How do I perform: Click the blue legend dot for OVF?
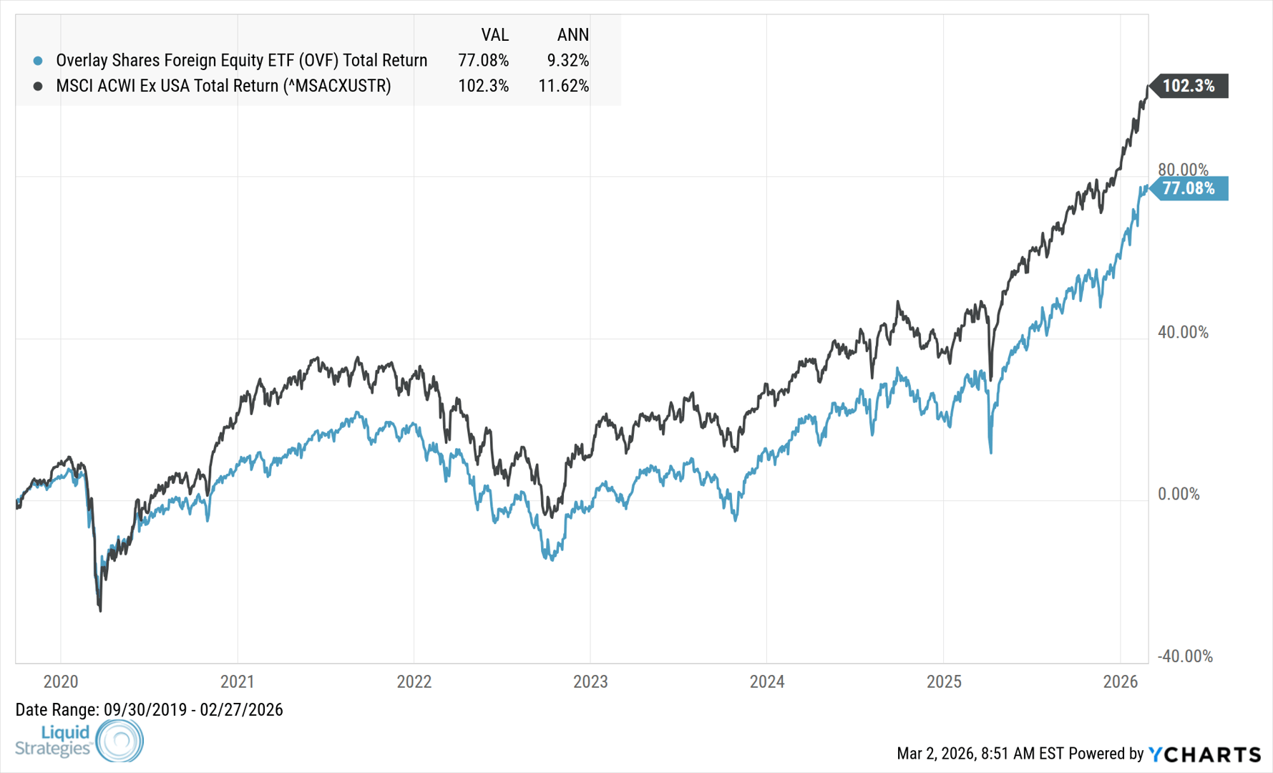coord(38,61)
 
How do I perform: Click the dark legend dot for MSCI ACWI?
coord(38,86)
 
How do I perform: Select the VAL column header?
coord(494,35)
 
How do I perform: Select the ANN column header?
coord(572,35)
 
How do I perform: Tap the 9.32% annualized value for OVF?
coord(567,61)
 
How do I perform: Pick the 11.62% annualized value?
coord(563,86)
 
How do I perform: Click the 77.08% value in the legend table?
coord(483,61)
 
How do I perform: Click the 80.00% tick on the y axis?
coord(1183,170)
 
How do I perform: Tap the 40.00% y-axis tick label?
coord(1183,332)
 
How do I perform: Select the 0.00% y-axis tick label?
coord(1179,494)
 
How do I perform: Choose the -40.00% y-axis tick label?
coord(1185,656)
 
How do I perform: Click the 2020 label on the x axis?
coord(61,681)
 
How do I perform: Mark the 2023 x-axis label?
coord(590,681)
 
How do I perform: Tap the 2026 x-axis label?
coord(1121,681)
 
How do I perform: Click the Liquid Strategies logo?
coord(79,740)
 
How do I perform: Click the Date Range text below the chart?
coord(149,710)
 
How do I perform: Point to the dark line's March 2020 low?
coord(100,610)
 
